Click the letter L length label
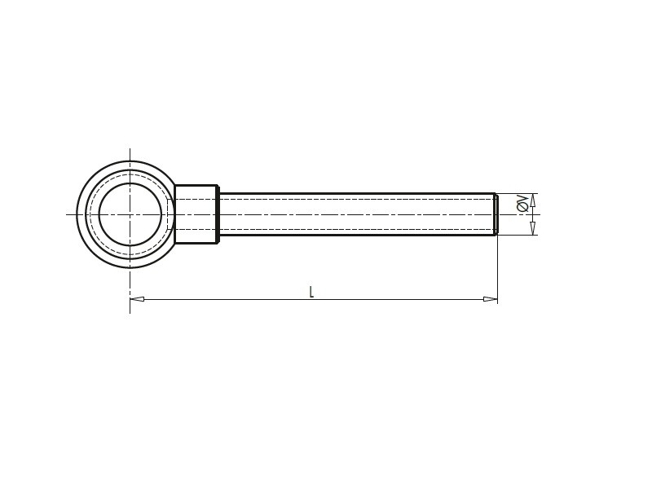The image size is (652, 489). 311,292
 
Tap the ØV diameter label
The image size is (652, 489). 522,204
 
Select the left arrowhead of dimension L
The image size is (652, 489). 137,299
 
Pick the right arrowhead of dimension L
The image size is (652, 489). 491,299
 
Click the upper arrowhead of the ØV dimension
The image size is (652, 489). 533,200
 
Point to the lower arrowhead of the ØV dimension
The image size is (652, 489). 533,228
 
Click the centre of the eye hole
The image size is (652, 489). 130,214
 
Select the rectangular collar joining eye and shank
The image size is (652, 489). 196,214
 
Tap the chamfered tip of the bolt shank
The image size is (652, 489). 496,214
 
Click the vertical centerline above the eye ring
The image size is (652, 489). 130,155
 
